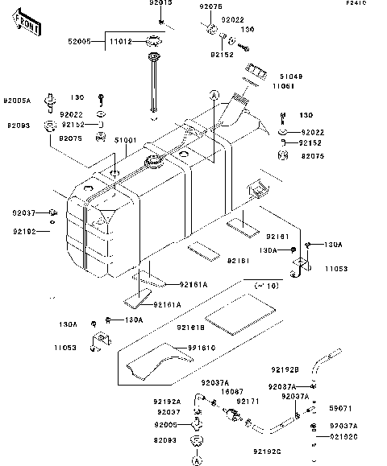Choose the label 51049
(291, 76)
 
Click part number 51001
(125, 140)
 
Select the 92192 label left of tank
(24, 232)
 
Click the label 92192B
(285, 369)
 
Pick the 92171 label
(248, 400)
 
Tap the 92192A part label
(167, 400)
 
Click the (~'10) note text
(266, 286)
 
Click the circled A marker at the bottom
(196, 462)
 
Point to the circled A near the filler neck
(214, 95)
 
